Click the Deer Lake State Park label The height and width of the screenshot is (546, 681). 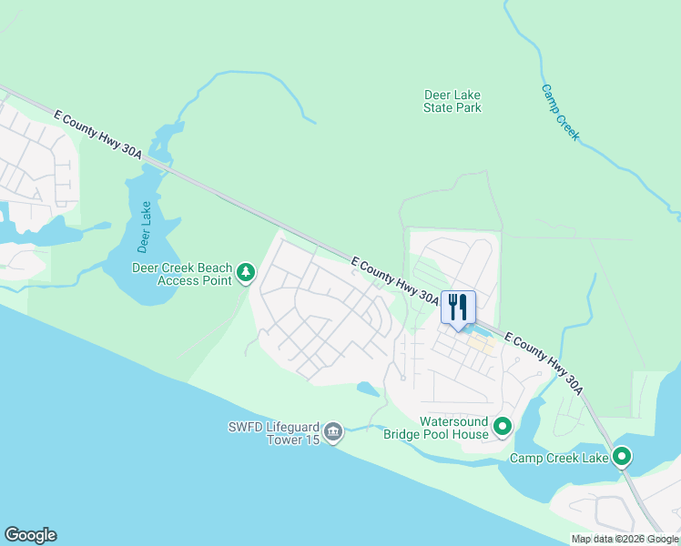point(452,101)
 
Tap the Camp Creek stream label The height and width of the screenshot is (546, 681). point(560,112)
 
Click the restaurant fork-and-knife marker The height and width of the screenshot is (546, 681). point(457,307)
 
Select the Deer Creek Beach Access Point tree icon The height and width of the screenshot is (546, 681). point(245,272)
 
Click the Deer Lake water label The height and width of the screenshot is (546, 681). point(144,227)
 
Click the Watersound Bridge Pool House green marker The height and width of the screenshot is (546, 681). point(502,426)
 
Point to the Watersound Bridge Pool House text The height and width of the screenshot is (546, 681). point(454,428)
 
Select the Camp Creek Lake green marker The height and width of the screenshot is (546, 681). point(622,457)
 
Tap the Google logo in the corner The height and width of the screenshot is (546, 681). point(30,535)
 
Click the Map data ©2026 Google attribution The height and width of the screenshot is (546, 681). point(625,539)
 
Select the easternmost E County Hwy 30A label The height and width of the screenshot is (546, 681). point(544,361)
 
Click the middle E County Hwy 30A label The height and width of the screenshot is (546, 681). point(395,280)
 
